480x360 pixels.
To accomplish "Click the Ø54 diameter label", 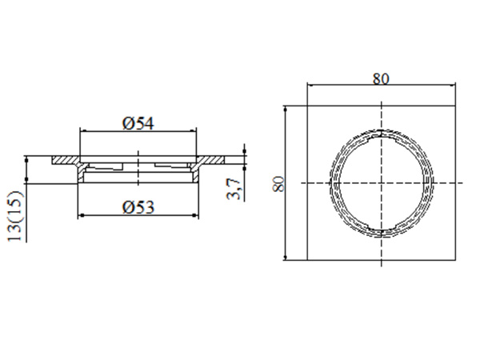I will tap(138, 122).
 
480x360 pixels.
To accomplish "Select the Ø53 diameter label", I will tap(138, 207).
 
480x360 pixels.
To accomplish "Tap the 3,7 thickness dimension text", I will tap(234, 190).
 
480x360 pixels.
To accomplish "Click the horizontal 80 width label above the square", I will tap(382, 78).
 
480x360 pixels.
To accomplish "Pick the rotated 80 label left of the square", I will tap(278, 182).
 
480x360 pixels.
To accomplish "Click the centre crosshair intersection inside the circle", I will tap(382, 183).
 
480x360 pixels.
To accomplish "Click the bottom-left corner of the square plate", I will tap(308, 260).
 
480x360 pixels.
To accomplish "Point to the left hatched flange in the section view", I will tap(66, 160).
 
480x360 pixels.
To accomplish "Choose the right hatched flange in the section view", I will tap(211, 160).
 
